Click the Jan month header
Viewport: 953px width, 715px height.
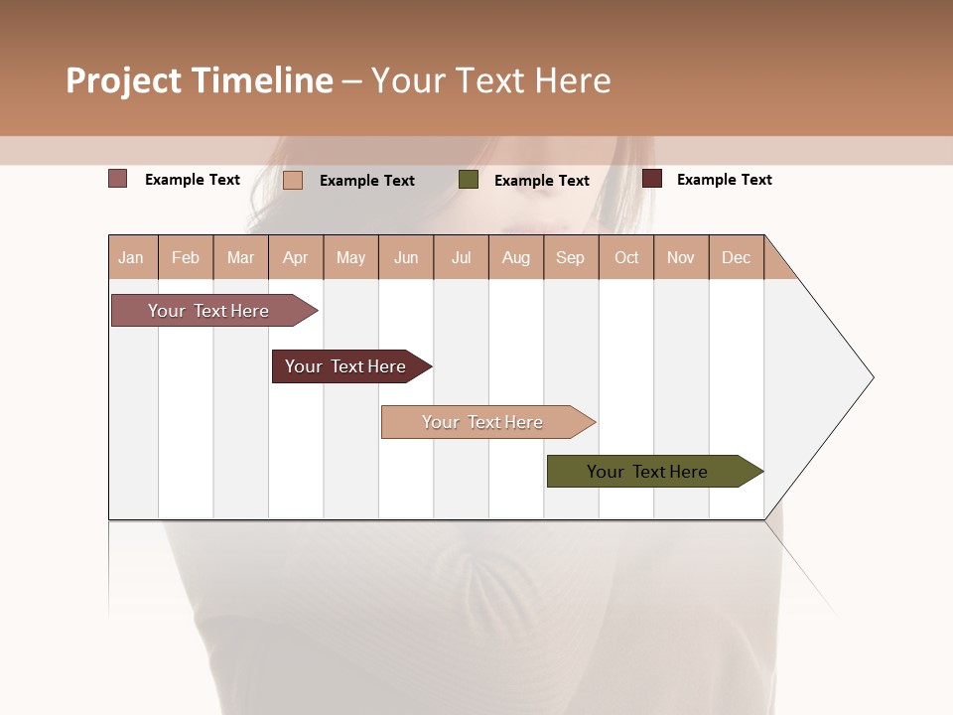point(131,257)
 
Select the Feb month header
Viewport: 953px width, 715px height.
point(186,257)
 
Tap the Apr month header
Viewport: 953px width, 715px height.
point(296,257)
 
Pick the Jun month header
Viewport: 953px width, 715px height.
point(406,257)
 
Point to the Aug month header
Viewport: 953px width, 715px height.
point(516,257)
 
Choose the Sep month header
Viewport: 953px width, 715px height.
point(571,257)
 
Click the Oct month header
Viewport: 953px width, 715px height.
point(626,257)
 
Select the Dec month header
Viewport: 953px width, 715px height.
point(737,257)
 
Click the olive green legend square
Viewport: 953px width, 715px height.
point(469,180)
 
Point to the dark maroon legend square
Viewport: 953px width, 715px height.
point(652,179)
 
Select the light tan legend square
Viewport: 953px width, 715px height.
point(293,180)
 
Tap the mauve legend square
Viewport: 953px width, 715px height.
point(118,179)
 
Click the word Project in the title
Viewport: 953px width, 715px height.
point(124,80)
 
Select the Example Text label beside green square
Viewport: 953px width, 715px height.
point(541,181)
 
